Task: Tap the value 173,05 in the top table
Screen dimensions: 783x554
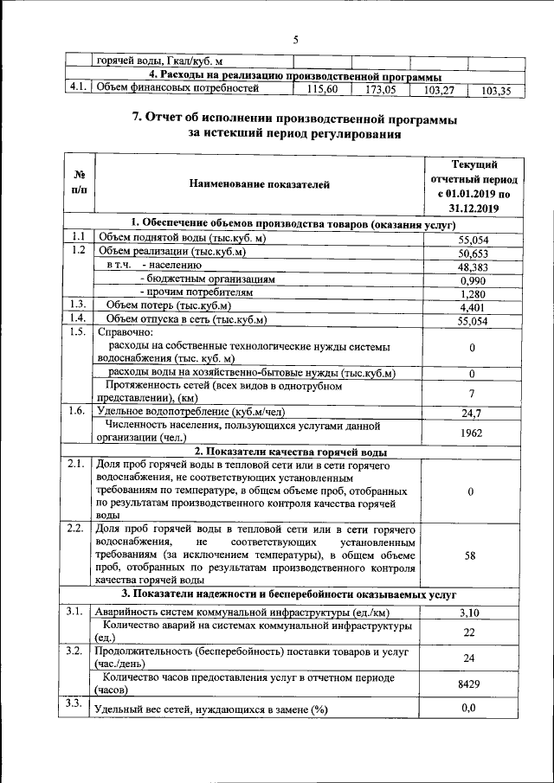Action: click(380, 89)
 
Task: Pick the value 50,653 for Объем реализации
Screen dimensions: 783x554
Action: click(473, 253)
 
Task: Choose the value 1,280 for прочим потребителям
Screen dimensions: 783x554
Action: click(473, 294)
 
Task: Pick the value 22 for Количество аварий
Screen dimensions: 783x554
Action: click(471, 632)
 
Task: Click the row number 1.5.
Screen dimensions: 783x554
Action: click(77, 332)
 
